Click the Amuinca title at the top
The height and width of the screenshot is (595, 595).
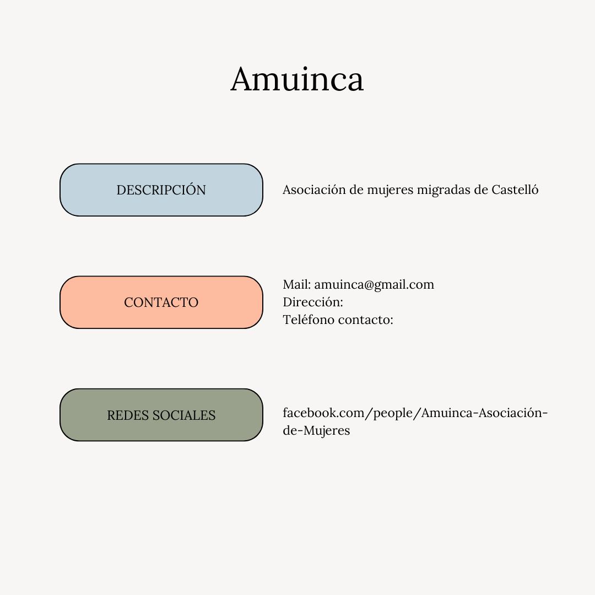coord(297,79)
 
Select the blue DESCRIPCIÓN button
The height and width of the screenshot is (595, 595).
coord(161,190)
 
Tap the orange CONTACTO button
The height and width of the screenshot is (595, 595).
coord(161,302)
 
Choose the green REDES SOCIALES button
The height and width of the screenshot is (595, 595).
coord(161,415)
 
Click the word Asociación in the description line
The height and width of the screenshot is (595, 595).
coord(314,190)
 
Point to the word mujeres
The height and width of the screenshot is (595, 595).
coord(390,190)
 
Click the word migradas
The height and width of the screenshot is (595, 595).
coord(443,190)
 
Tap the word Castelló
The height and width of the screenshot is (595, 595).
coord(515,189)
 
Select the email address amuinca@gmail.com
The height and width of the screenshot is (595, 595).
coord(374,285)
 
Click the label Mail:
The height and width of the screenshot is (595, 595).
coord(297,284)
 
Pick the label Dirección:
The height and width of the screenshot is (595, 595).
coord(313,302)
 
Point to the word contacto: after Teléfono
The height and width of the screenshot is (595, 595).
coord(365,320)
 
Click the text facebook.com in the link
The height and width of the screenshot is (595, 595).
coord(323,413)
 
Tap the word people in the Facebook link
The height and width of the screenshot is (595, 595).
coord(393,413)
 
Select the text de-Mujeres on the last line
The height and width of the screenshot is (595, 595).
coord(316,431)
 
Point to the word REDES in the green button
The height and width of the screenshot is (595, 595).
coord(127,415)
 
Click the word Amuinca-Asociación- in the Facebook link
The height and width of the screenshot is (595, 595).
coord(485,413)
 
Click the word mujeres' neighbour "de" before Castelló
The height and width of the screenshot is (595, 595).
coord(481,190)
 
